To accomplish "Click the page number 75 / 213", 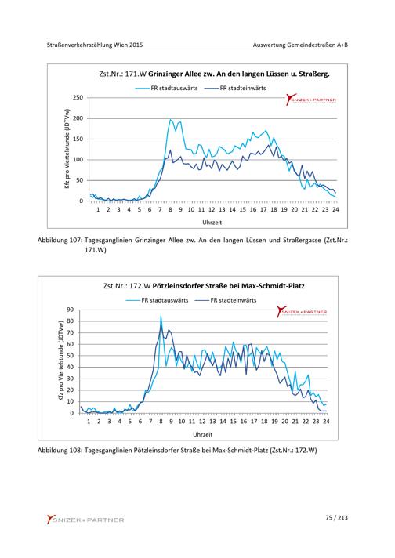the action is click(x=336, y=518).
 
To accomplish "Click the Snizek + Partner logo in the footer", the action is click(x=85, y=520).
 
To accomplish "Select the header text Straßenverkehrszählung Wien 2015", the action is click(x=95, y=45).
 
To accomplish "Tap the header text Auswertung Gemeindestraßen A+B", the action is click(x=300, y=45).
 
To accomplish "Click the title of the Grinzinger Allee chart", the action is click(x=214, y=74).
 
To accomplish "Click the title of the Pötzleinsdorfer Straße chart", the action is click(x=204, y=286).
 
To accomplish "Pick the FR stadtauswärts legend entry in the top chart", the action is click(x=166, y=88).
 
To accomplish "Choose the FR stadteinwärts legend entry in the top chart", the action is click(x=235, y=88).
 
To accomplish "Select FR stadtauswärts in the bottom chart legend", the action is click(x=157, y=300).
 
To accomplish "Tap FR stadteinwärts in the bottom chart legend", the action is click(x=226, y=300).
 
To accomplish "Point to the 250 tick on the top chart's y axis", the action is click(x=78, y=97).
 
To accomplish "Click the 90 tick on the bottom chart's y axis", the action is click(x=70, y=310).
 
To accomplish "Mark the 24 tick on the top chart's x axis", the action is click(x=335, y=209).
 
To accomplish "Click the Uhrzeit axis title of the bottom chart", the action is click(x=202, y=434).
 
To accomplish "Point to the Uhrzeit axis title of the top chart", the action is click(x=212, y=223).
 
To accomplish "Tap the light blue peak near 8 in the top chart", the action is click(x=170, y=120).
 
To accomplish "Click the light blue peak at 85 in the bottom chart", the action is click(x=161, y=315).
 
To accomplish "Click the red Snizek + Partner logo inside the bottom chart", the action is click(x=302, y=311).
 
